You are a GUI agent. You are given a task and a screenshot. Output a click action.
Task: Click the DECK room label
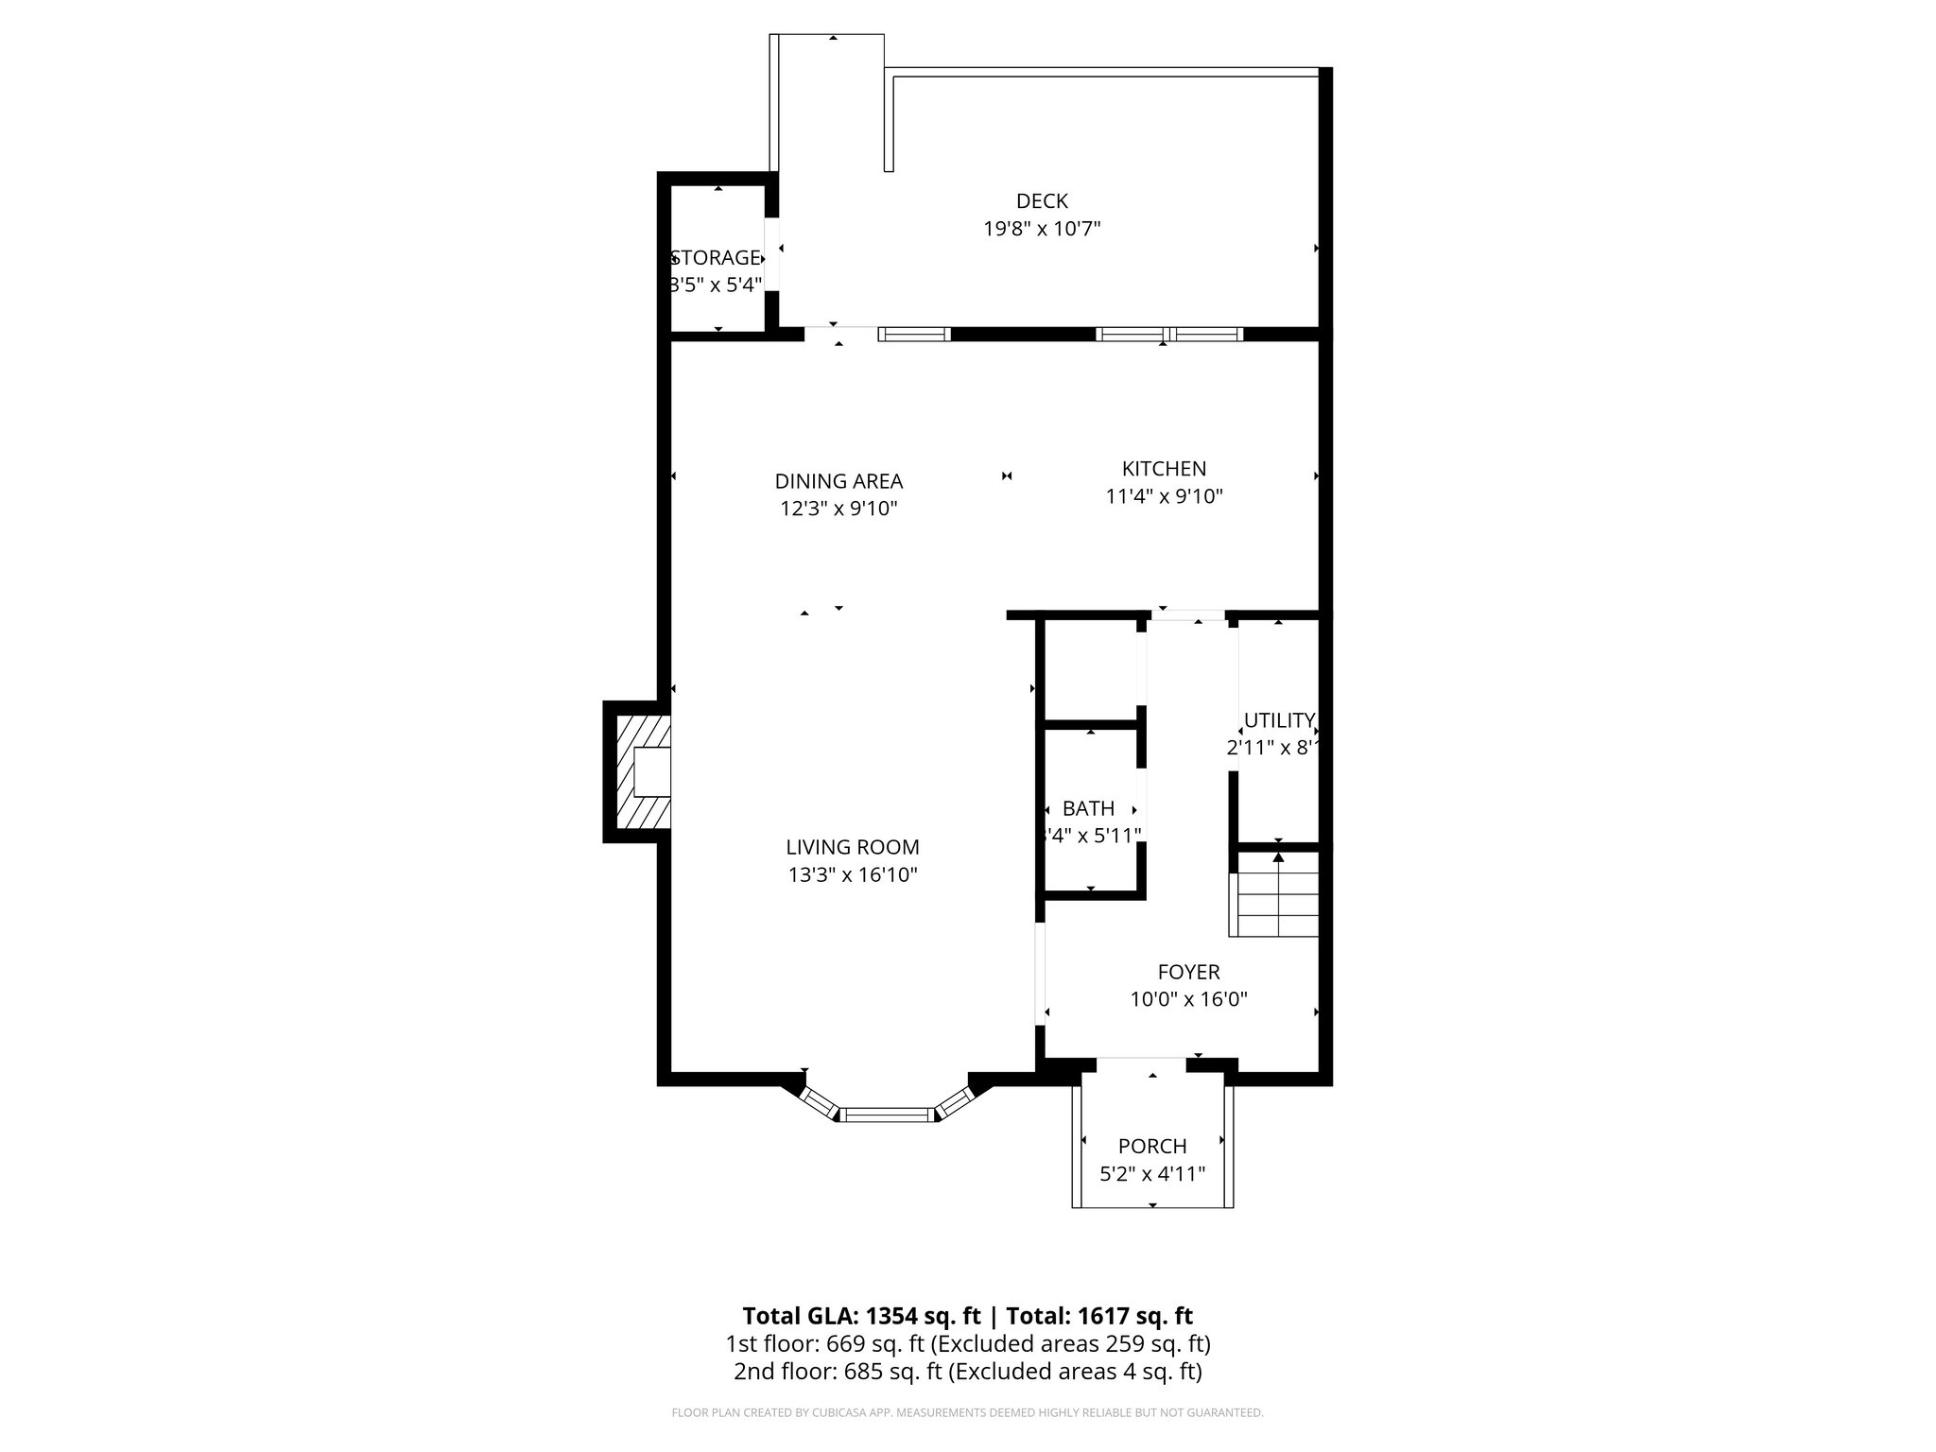[x=1042, y=200]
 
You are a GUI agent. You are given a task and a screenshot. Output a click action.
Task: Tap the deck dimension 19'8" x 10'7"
[x=1042, y=229]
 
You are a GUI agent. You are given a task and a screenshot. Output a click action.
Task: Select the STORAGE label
[x=717, y=257]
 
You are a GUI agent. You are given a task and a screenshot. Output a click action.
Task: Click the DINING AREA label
[x=838, y=481]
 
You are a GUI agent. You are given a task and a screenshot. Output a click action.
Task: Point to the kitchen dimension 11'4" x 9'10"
[x=1164, y=496]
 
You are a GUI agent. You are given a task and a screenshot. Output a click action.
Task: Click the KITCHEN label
[x=1164, y=468]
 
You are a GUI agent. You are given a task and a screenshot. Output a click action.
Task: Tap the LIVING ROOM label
[x=852, y=847]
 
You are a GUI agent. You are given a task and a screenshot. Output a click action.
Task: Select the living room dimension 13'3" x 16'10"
[x=852, y=875]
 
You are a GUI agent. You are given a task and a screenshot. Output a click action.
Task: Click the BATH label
[x=1088, y=808]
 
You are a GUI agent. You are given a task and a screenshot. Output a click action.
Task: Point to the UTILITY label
[x=1278, y=720]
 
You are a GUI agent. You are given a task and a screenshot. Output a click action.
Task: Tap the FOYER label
[x=1188, y=972]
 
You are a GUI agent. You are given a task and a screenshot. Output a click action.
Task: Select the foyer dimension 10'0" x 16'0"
[x=1188, y=999]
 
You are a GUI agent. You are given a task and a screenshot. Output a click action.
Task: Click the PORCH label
[x=1151, y=1146]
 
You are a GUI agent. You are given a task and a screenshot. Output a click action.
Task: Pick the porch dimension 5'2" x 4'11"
[x=1151, y=1174]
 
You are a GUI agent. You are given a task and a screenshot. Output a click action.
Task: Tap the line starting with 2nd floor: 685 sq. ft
[x=967, y=1372]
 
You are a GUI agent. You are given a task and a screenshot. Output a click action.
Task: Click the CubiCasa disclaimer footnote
[x=967, y=1412]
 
